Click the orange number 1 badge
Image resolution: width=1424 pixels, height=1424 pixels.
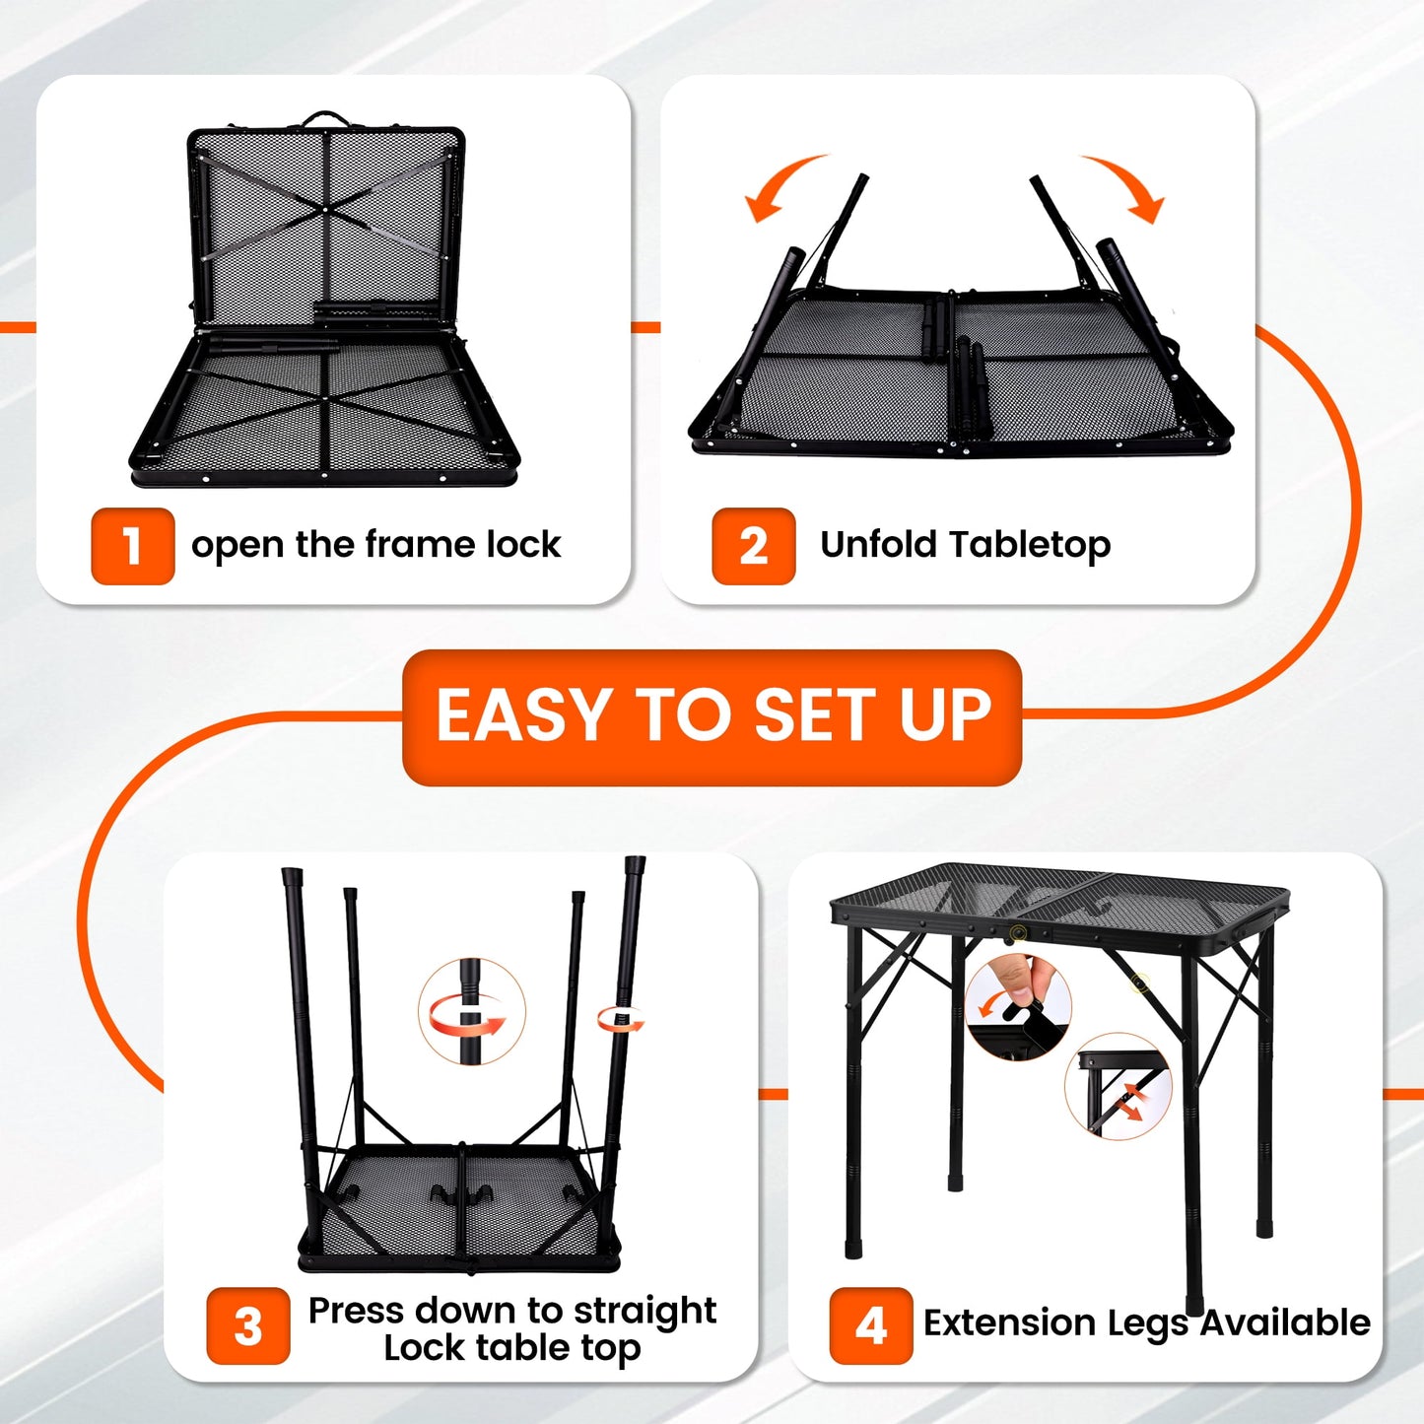click(132, 546)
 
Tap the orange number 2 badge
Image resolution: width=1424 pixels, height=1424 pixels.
click(753, 546)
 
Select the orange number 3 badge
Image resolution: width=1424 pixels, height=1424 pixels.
click(248, 1325)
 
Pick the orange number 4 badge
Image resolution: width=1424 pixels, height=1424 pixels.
click(870, 1325)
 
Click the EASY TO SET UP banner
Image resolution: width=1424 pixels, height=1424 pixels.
click(712, 716)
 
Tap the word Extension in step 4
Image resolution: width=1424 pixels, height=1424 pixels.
click(1008, 1322)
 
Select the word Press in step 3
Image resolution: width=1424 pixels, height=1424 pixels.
click(356, 1311)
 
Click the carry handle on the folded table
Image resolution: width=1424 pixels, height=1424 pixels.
click(326, 119)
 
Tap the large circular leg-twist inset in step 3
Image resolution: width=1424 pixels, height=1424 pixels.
click(472, 1012)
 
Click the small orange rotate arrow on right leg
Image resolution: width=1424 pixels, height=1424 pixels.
click(621, 1019)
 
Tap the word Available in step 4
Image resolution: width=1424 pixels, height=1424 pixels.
click(1284, 1322)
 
